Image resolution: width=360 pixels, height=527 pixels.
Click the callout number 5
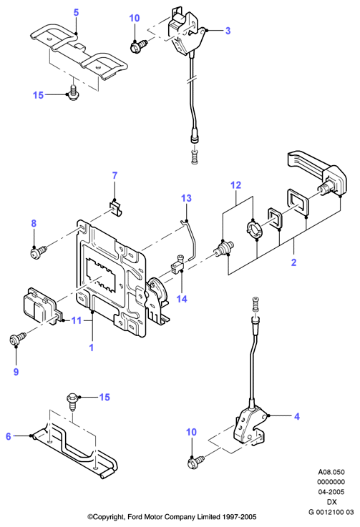76,12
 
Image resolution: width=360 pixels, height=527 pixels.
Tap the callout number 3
228,31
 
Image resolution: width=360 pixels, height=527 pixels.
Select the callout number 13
186,198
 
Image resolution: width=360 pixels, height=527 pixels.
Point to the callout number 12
236,185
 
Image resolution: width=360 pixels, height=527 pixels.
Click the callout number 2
293,262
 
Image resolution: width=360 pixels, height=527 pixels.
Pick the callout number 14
182,299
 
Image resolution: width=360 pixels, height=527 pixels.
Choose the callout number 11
77,320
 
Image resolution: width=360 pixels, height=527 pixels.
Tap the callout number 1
91,348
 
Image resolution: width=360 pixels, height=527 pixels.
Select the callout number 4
296,416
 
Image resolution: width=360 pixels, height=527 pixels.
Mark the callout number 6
9,436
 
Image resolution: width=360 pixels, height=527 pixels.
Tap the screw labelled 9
18,338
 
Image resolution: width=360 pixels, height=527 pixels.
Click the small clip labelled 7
115,207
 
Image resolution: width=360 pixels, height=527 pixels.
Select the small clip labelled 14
177,263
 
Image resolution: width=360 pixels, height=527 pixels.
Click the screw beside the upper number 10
138,46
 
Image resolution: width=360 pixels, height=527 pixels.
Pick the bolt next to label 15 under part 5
72,93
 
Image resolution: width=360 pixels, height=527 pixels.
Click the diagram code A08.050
331,471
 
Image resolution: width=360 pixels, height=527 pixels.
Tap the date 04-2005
331,492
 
